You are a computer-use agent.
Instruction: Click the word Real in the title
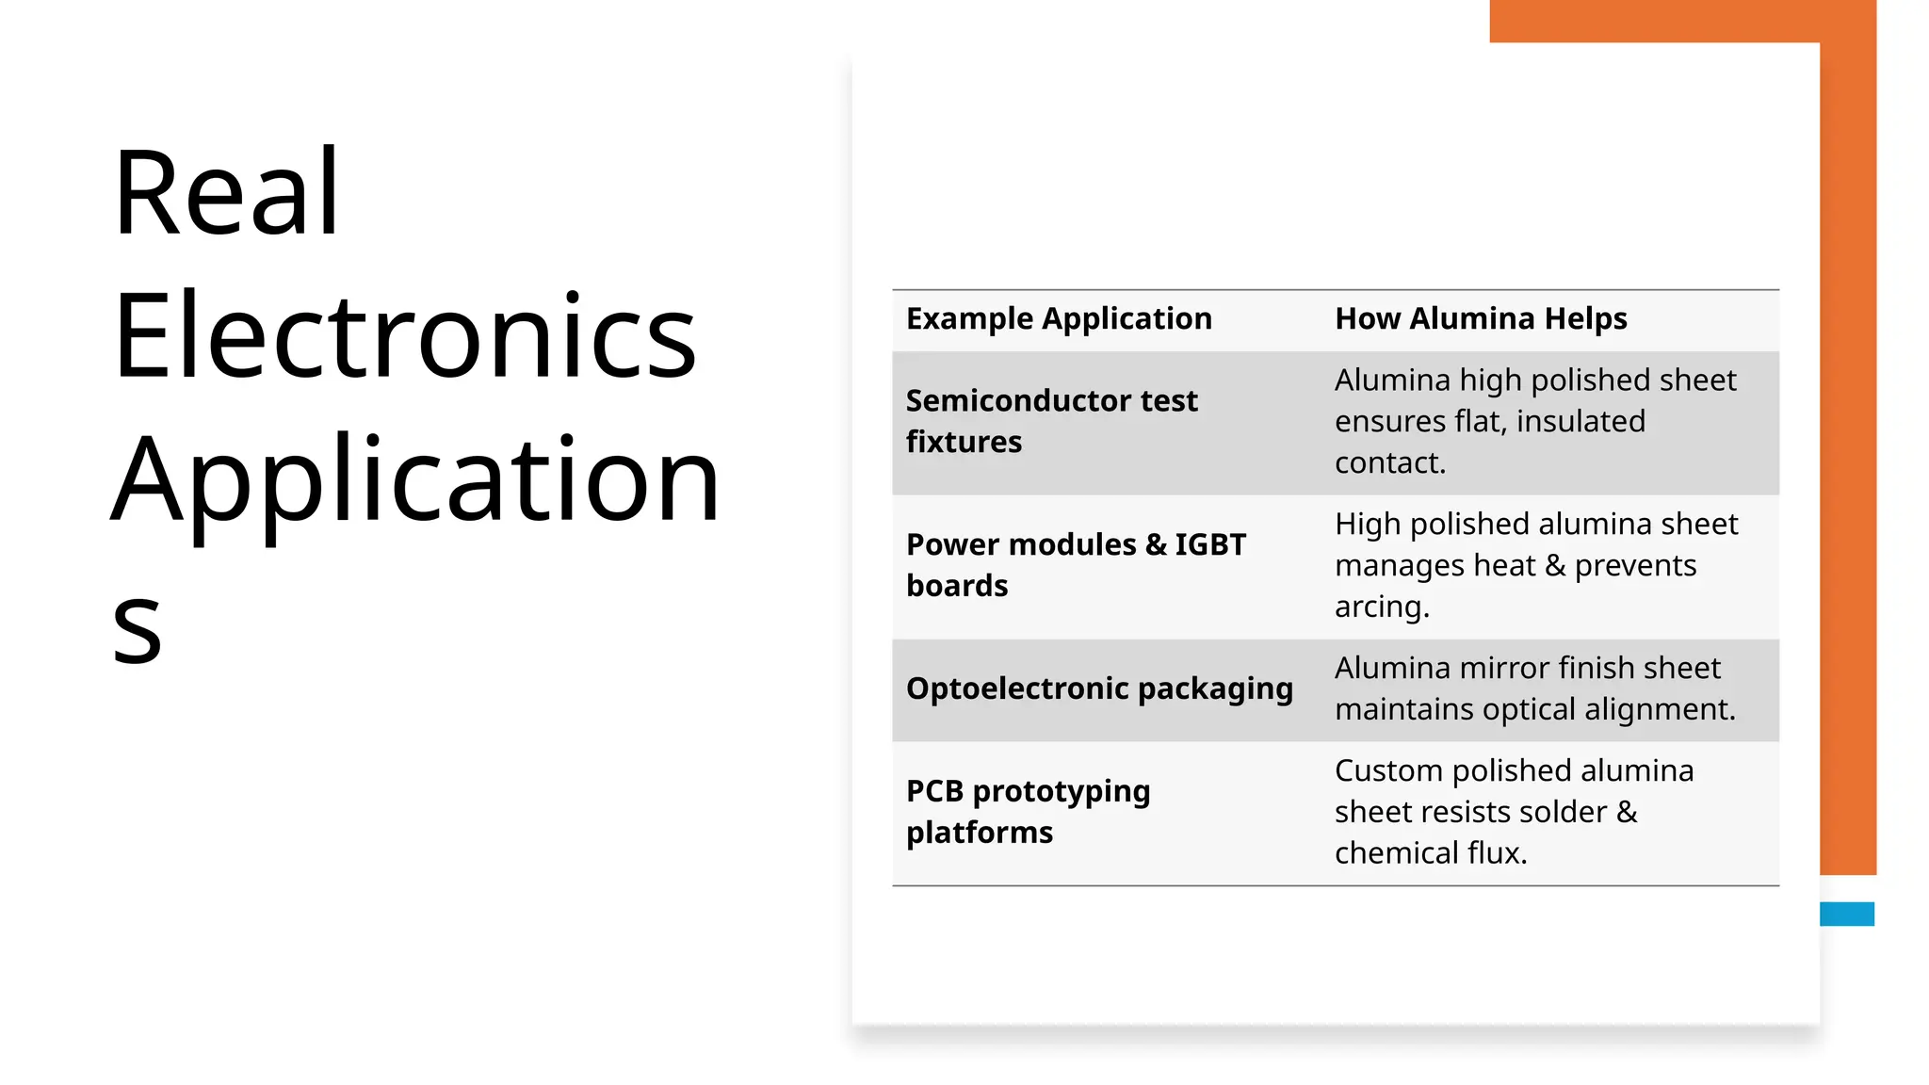[226, 193]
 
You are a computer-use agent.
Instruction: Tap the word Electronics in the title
[405, 336]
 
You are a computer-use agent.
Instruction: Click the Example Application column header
[1059, 319]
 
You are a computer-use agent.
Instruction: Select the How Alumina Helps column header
[1481, 319]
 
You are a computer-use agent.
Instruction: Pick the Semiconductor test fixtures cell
[1051, 421]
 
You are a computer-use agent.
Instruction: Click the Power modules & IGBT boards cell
[1076, 565]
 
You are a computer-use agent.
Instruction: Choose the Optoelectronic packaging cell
[1099, 688]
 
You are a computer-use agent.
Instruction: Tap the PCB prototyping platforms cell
[1028, 812]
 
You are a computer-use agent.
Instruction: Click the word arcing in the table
[1381, 607]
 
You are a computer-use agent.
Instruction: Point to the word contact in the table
[1389, 462]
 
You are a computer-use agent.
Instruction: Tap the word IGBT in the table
[1210, 544]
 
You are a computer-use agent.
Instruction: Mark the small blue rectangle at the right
[1846, 914]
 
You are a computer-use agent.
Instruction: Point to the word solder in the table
[1563, 812]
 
